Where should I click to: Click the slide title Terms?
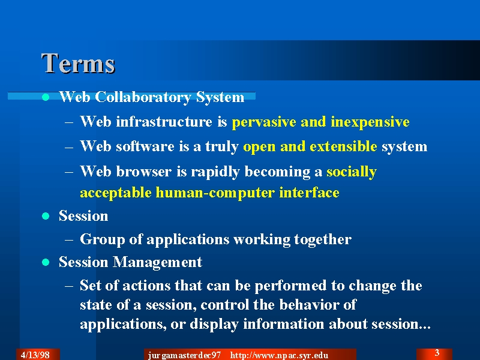[x=78, y=64]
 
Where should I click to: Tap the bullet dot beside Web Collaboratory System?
[x=46, y=97]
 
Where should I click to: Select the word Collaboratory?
[x=143, y=97]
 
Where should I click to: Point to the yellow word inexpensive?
[x=370, y=122]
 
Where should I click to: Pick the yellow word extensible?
[x=343, y=146]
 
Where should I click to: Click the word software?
[x=145, y=146]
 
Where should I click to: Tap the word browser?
[x=144, y=171]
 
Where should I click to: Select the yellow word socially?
[x=352, y=172]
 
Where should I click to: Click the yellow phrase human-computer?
[x=215, y=193]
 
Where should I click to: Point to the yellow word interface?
[x=309, y=193]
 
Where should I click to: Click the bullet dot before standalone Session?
[x=46, y=216]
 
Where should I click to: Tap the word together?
[x=323, y=239]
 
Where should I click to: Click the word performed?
[x=290, y=286]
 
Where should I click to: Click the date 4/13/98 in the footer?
[x=35, y=355]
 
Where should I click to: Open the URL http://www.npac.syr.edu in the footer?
[x=279, y=355]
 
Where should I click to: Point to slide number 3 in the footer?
[x=437, y=353]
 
